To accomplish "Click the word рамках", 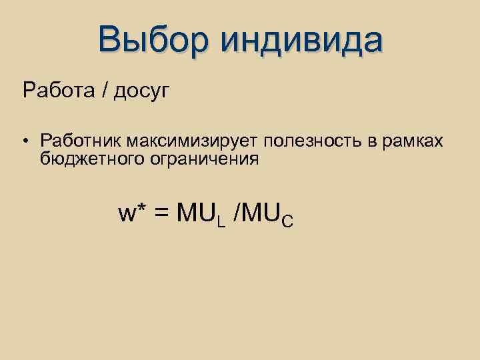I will [416, 142].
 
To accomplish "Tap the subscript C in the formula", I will [287, 220].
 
